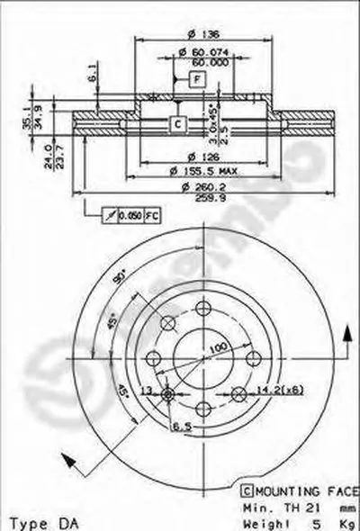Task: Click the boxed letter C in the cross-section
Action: [177, 123]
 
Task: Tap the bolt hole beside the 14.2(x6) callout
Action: [238, 393]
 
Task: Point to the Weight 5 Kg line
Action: [292, 522]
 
